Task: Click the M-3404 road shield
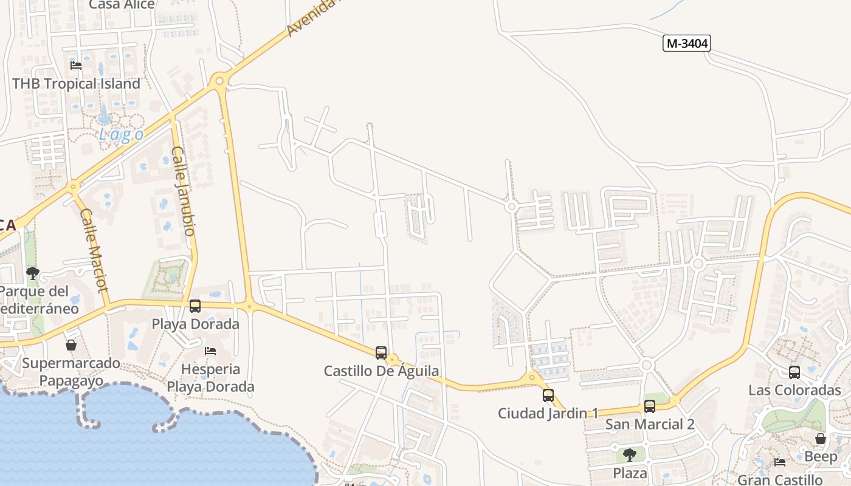tap(687, 43)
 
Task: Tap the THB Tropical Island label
tap(76, 84)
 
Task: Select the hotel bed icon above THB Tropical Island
tap(76, 65)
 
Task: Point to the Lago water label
tap(122, 134)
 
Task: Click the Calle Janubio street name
tap(183, 191)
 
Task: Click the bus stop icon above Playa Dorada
tap(195, 306)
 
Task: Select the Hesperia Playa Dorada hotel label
tap(210, 378)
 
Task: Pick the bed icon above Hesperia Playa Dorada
tap(210, 351)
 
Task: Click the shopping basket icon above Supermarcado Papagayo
tap(71, 345)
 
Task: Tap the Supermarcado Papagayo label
tap(71, 372)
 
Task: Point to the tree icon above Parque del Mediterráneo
tap(33, 273)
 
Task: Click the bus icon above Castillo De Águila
tap(381, 353)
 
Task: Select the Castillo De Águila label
tap(381, 371)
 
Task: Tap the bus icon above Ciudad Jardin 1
tap(548, 395)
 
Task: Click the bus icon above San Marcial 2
tap(650, 406)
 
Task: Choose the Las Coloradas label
tap(794, 390)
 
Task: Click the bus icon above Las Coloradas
tap(794, 372)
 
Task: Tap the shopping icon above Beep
tap(821, 439)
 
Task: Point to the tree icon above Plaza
tap(630, 454)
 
